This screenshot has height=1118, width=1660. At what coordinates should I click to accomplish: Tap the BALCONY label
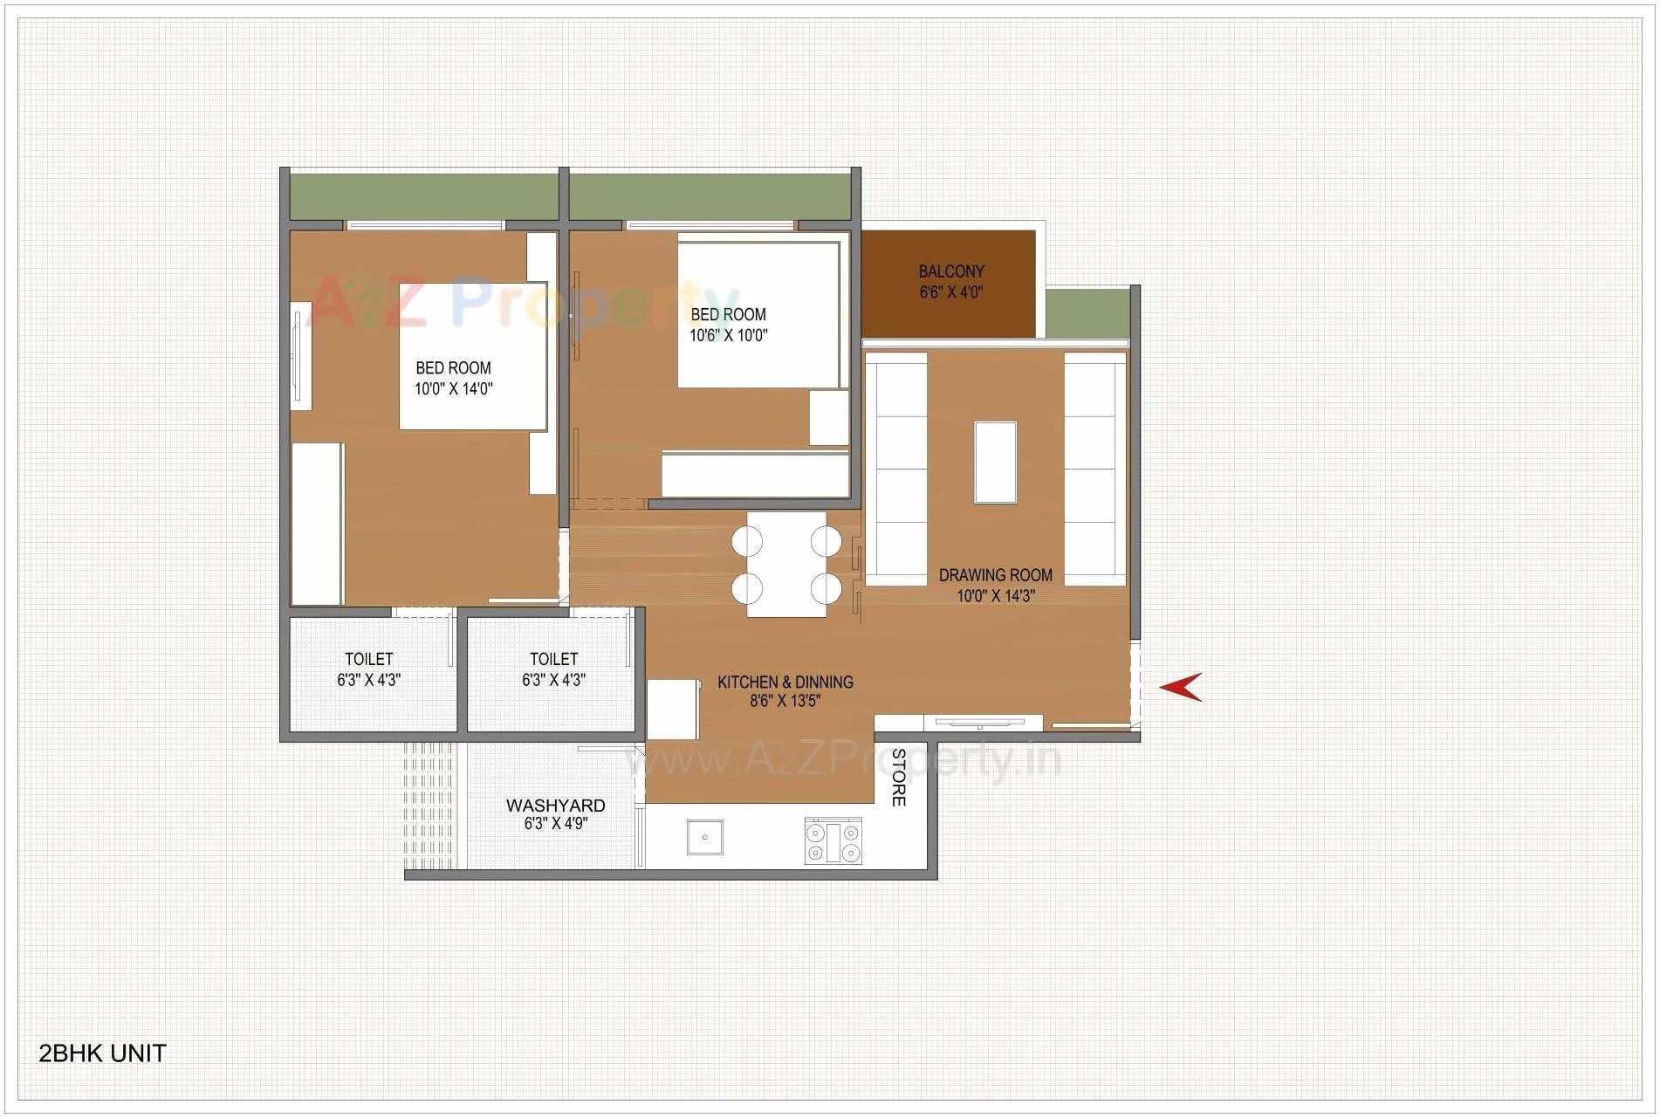point(950,271)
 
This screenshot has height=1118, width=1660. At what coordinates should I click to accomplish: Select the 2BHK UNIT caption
point(102,1053)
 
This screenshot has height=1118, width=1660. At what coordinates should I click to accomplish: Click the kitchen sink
point(704,837)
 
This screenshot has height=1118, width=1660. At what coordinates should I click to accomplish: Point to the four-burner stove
point(833,841)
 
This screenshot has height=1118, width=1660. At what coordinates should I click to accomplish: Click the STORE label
point(898,777)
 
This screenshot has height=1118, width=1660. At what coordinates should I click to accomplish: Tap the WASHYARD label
point(555,806)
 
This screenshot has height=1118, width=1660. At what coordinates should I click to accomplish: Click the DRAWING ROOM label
point(995,575)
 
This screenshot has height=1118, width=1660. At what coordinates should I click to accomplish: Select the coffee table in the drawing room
point(995,462)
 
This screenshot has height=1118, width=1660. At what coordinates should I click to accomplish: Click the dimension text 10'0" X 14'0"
point(453,389)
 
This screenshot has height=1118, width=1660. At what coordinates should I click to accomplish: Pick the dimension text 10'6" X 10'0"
point(728,335)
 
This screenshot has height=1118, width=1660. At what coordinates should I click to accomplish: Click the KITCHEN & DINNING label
point(785,682)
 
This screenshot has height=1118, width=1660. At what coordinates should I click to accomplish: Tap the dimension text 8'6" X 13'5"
point(785,701)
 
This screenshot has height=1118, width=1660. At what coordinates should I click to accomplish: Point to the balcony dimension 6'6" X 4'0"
point(950,292)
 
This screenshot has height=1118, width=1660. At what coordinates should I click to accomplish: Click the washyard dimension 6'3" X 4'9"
point(555,824)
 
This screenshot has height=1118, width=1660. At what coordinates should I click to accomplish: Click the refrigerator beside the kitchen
point(673,710)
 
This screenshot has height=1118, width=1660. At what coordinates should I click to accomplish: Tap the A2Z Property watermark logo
point(524,301)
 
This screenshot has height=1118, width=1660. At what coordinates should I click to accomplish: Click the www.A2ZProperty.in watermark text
point(842,759)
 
